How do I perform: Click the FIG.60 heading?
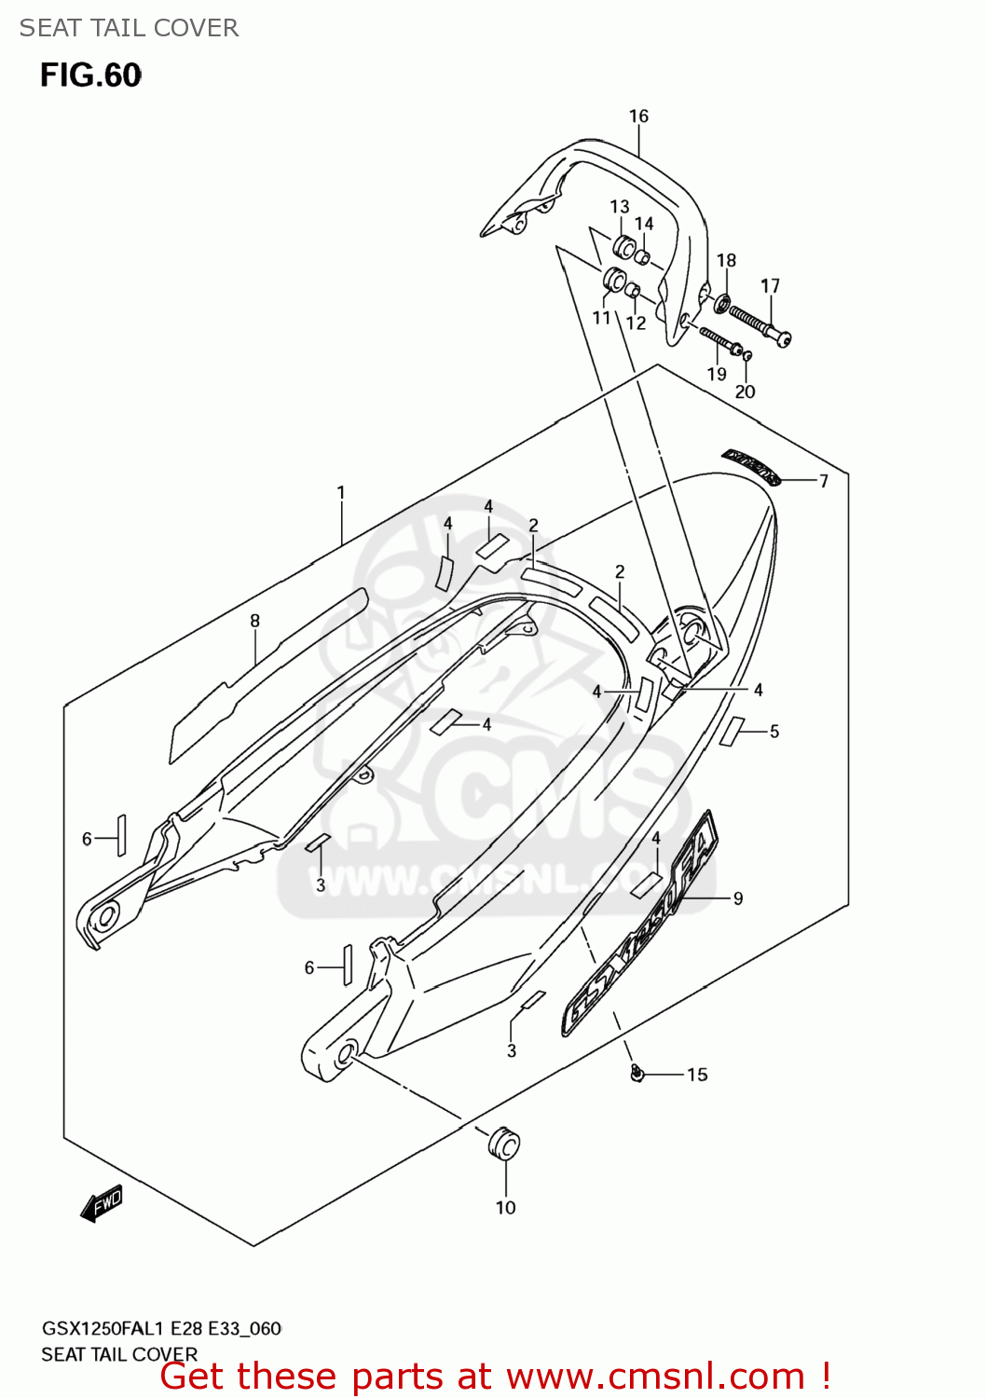[90, 75]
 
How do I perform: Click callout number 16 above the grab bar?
[638, 116]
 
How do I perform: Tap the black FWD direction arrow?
[102, 1203]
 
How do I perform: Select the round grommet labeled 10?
[503, 1144]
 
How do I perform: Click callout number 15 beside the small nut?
[697, 1075]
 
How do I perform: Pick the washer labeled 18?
[722, 303]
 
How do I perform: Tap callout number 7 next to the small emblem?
[823, 481]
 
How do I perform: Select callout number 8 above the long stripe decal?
[254, 621]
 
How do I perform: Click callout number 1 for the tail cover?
[341, 492]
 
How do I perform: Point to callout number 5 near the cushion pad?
[774, 732]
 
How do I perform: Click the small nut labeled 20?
[746, 355]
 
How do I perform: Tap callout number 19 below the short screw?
[716, 374]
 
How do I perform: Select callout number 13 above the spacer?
[620, 206]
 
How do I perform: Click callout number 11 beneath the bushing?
[601, 318]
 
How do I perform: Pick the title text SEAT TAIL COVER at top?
[129, 28]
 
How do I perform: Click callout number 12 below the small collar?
[636, 323]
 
